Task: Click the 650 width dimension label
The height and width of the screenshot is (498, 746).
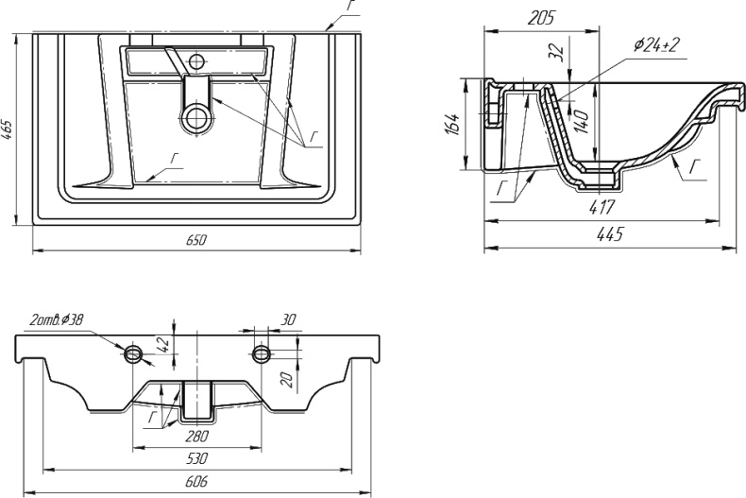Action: [x=196, y=239]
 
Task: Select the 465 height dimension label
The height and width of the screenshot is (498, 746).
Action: [x=8, y=129]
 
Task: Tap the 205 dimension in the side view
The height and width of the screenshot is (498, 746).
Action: [x=541, y=18]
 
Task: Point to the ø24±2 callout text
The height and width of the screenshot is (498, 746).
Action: [x=656, y=44]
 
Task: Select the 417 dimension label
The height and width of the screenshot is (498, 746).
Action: [x=602, y=207]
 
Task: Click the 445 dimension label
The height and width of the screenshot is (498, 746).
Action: [x=609, y=233]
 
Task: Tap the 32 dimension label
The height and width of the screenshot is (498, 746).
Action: [x=555, y=50]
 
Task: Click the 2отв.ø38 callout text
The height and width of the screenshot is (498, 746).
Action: [x=57, y=320]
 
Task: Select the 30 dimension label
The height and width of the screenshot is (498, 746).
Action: [x=288, y=320]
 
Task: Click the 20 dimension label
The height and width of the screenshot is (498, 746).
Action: [x=286, y=381]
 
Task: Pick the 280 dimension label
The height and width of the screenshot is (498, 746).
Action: [x=197, y=435]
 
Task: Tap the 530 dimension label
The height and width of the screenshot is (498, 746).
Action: [x=196, y=458]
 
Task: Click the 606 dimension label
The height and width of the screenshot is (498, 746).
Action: [x=195, y=481]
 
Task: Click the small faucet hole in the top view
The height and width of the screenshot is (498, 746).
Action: [x=195, y=60]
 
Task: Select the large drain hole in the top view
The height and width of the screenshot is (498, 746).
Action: [x=195, y=117]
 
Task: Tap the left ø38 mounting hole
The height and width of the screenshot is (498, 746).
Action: [x=133, y=353]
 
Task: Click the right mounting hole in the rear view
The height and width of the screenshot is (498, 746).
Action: [x=262, y=353]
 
